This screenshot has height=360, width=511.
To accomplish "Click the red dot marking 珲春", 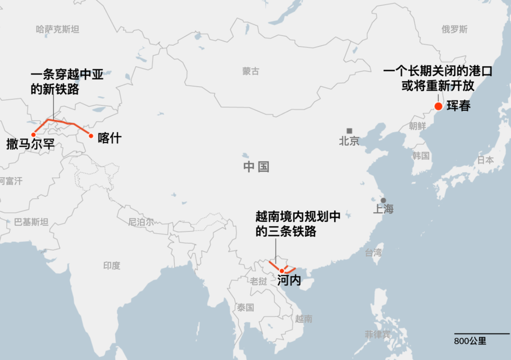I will click(x=438, y=107).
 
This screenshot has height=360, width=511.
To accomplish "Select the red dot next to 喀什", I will click(x=91, y=136).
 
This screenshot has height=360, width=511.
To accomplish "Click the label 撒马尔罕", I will click(x=30, y=145).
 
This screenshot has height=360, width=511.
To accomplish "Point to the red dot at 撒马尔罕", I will click(x=33, y=134).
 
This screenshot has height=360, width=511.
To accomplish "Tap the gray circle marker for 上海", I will click(x=383, y=200).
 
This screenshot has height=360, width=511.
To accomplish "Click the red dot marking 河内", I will click(x=282, y=271).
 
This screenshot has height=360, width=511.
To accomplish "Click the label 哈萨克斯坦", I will click(x=57, y=30).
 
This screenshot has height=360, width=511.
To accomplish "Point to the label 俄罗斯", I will click(x=454, y=30).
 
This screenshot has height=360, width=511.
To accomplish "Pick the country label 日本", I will click(x=485, y=160).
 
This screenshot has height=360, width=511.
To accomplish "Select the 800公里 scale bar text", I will click(x=470, y=340).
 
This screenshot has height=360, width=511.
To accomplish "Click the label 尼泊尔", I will click(x=141, y=222).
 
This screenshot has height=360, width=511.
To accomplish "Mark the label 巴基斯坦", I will click(x=31, y=222).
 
